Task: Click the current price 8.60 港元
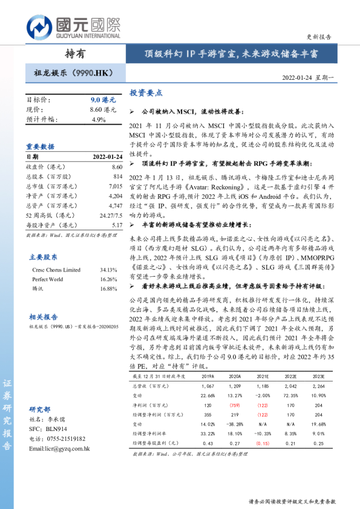tap(102, 109)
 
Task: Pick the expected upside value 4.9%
tap(98, 120)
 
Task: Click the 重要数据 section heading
tap(40, 146)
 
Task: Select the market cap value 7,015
tap(114, 186)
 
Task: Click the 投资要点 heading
tap(146, 93)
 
